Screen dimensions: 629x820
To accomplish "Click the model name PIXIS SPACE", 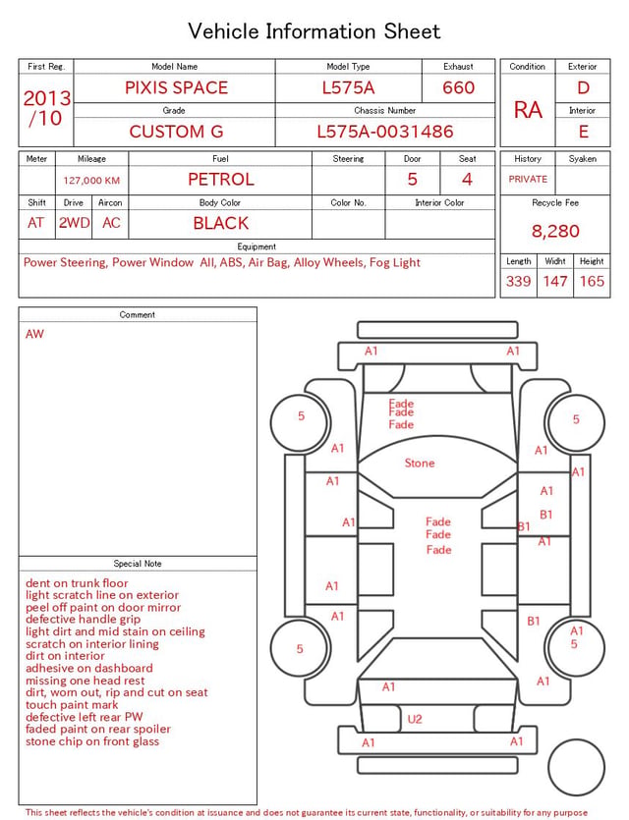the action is click(x=176, y=87).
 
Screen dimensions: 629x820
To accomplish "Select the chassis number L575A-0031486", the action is click(x=385, y=132).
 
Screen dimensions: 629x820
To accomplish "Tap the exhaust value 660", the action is click(x=458, y=87).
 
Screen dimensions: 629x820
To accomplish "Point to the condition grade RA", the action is click(x=528, y=110).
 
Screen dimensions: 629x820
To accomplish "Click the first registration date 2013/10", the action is click(x=46, y=108).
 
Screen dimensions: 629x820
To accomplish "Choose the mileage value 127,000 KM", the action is click(x=91, y=181).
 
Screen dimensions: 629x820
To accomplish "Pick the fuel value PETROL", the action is click(x=221, y=180).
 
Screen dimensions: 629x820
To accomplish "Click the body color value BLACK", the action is click(x=221, y=223).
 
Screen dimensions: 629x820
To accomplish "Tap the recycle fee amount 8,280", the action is click(x=555, y=231).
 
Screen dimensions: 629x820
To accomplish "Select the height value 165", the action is click(x=592, y=281).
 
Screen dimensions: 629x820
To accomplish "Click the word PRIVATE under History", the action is click(x=528, y=179).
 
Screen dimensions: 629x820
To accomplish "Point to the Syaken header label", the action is click(x=583, y=158).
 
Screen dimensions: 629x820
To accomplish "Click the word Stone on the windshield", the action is click(x=420, y=463).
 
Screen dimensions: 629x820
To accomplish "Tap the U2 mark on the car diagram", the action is click(x=415, y=719).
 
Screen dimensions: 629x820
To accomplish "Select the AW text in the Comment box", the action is click(x=34, y=334).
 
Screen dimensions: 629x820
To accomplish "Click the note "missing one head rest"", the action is click(x=85, y=681).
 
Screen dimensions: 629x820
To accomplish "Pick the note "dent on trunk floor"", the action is click(x=77, y=583).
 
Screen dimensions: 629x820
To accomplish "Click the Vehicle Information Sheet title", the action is click(x=314, y=31).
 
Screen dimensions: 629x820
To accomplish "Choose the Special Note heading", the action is click(x=138, y=564).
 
